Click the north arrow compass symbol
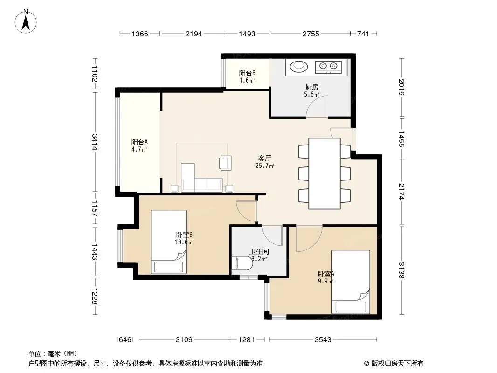26,21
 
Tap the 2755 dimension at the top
311,34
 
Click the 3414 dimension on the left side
95,142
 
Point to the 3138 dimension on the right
401,270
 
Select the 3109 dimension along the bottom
184,340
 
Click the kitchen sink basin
298,66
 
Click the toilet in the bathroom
242,263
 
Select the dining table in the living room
324,173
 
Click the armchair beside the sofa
225,162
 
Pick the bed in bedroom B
169,242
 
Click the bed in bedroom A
351,282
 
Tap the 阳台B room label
247,73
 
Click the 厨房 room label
311,87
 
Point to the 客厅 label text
265,158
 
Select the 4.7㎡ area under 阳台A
139,149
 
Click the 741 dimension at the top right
363,34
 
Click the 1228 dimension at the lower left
95,296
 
